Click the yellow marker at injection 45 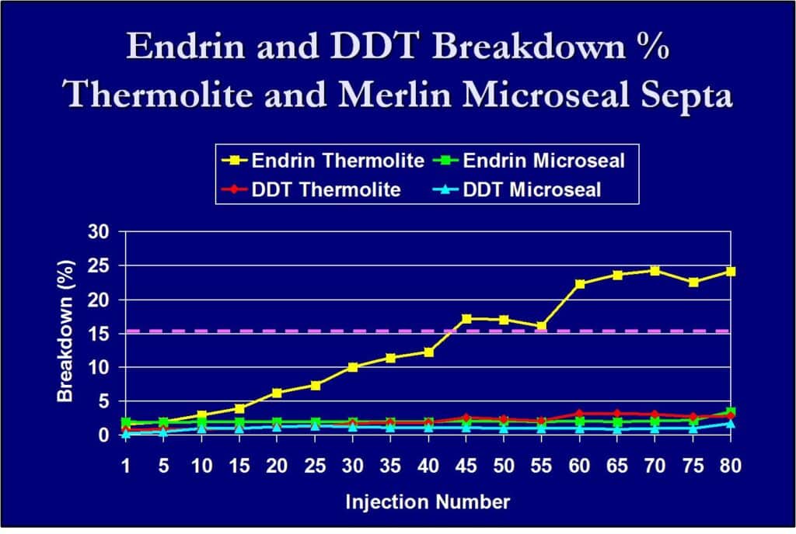466,319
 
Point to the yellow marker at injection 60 579,284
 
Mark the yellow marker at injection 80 730,272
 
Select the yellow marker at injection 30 353,367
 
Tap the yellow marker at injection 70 655,271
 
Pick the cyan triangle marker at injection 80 730,424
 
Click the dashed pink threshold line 311,331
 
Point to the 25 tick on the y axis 99,265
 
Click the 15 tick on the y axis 99,333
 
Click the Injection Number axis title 428,502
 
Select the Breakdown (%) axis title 66,332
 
